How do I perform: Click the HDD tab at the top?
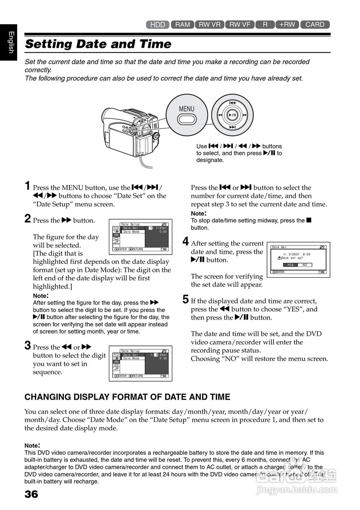pyautogui.click(x=158, y=25)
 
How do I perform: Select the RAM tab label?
pyautogui.click(x=183, y=25)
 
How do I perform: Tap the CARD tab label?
pyautogui.click(x=315, y=25)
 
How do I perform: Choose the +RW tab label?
pyautogui.click(x=287, y=25)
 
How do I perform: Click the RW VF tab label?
pyautogui.click(x=240, y=25)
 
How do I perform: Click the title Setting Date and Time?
pyautogui.click(x=98, y=44)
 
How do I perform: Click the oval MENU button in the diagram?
pyautogui.click(x=187, y=119)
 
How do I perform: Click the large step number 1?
pyautogui.click(x=28, y=186)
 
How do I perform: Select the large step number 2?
pyautogui.click(x=28, y=218)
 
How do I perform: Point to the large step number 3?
pyautogui.click(x=28, y=345)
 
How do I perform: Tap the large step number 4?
pyautogui.click(x=185, y=241)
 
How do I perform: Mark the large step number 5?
pyautogui.click(x=185, y=299)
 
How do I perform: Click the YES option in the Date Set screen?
pyautogui.click(x=290, y=265)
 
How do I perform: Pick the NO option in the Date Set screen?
pyautogui.click(x=305, y=265)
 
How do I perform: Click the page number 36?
pyautogui.click(x=31, y=494)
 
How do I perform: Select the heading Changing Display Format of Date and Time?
pyautogui.click(x=128, y=397)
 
